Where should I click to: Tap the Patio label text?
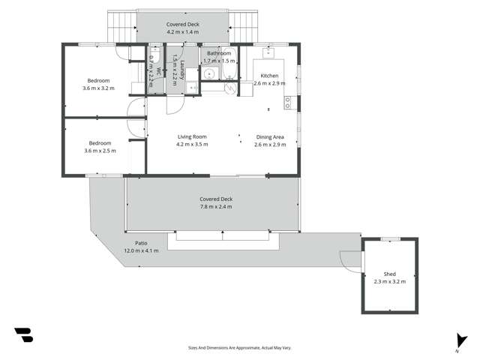(141, 244)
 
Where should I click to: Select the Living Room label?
(192, 136)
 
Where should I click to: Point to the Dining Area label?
(270, 136)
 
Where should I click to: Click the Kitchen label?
(269, 76)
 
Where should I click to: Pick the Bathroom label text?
(219, 53)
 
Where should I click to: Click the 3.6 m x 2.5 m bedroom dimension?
(100, 151)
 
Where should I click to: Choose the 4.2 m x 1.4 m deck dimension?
(182, 32)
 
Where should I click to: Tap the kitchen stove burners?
(287, 101)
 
